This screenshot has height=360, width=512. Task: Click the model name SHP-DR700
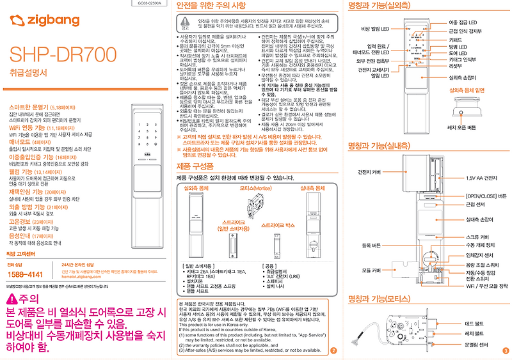point(62,56)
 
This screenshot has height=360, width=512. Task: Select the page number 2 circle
point(333,350)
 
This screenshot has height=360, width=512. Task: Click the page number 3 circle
point(505,350)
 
